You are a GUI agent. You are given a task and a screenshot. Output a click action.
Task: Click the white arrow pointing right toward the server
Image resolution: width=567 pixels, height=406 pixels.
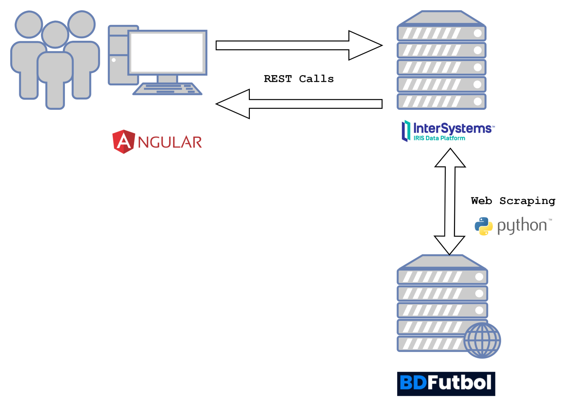pyautogui.click(x=298, y=45)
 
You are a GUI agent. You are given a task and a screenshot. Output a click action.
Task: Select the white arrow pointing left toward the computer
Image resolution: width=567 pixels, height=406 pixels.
pyautogui.click(x=299, y=104)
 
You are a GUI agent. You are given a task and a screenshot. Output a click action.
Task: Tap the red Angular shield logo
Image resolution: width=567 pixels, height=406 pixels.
pyautogui.click(x=123, y=142)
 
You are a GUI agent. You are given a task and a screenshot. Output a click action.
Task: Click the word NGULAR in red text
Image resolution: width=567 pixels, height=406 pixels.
pyautogui.click(x=170, y=142)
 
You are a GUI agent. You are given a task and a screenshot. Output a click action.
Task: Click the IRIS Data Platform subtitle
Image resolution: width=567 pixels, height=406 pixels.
pyautogui.click(x=439, y=138)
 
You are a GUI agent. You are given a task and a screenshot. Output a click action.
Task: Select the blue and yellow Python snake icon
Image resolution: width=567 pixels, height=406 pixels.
pyautogui.click(x=483, y=226)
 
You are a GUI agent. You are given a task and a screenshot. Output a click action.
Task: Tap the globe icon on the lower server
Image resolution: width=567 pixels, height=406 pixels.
pyautogui.click(x=482, y=340)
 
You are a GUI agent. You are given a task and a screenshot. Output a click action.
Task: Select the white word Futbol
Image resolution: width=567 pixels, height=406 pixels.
pyautogui.click(x=459, y=383)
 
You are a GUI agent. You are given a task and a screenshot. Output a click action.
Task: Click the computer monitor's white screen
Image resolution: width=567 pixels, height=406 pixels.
pyautogui.click(x=167, y=52)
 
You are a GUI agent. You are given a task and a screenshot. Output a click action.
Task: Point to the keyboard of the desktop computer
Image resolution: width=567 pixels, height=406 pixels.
pyautogui.click(x=167, y=89)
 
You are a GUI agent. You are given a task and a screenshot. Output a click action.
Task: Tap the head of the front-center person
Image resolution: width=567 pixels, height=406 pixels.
pyautogui.click(x=55, y=34)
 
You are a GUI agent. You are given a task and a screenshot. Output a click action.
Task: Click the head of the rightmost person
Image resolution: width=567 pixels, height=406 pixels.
pyautogui.click(x=82, y=24)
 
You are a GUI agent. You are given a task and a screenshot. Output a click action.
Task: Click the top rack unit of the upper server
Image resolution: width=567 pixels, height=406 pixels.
pyautogui.click(x=441, y=33)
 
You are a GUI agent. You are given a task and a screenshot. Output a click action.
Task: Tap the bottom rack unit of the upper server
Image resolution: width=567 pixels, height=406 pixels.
pyautogui.click(x=441, y=101)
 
